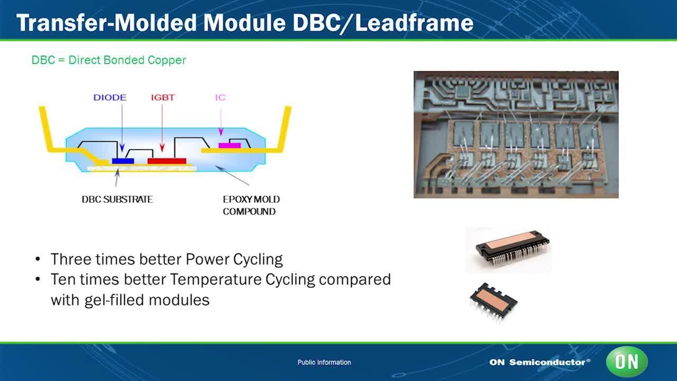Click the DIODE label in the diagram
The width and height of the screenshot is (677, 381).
(110, 98)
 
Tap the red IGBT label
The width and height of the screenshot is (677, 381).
(163, 98)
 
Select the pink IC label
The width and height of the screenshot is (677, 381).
(221, 98)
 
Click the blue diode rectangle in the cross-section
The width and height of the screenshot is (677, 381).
(123, 161)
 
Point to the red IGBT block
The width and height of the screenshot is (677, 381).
(167, 161)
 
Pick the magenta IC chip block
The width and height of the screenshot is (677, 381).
(230, 146)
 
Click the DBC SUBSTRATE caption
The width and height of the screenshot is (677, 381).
(117, 199)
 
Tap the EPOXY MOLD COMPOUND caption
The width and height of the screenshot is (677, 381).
(251, 205)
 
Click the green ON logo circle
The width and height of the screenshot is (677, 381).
(627, 361)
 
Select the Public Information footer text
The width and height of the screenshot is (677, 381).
(324, 362)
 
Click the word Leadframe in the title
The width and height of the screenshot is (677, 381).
(414, 23)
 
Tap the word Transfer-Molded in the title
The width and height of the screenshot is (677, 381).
(107, 23)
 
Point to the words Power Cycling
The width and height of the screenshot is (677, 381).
(234, 259)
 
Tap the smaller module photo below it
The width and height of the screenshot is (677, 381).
(493, 302)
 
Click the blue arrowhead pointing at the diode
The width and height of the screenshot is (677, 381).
(122, 148)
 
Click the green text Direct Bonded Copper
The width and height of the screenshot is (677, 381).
(127, 60)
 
